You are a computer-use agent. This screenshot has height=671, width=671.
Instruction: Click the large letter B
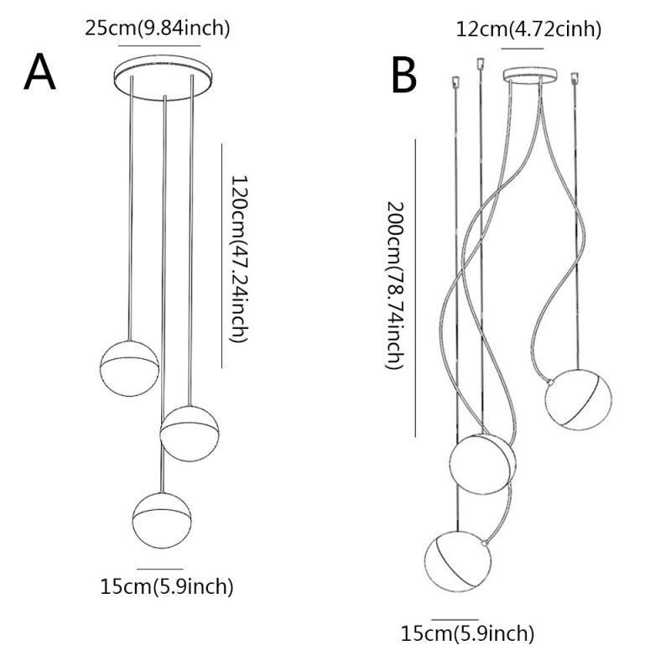pos(404,75)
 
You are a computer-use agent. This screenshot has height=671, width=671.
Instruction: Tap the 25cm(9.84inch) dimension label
pos(158,28)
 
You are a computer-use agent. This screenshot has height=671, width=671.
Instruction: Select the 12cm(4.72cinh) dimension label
pos(528,30)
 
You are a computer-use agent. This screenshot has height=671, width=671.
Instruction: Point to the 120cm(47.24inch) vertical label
pos(239,258)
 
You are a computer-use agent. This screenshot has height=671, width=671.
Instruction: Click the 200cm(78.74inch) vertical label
pos(394,285)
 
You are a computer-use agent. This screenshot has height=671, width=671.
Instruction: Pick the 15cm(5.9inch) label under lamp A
pos(166,586)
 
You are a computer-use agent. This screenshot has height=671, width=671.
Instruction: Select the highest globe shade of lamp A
pos(129,366)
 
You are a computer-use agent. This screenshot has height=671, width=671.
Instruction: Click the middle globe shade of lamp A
pos(190,431)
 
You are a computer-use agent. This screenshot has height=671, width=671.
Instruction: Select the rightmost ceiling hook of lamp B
pos(575,79)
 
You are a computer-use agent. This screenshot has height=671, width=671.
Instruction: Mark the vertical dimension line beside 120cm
pos(221,255)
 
